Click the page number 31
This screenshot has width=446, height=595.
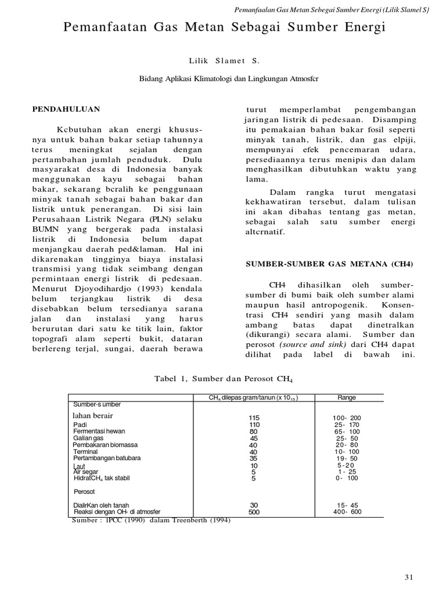(408, 577)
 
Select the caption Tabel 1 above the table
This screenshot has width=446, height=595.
(223, 379)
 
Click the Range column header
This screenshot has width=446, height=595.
(347, 398)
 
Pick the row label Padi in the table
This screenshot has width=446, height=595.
(80, 425)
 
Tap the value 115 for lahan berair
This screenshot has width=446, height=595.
(254, 418)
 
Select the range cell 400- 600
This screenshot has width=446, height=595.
(348, 512)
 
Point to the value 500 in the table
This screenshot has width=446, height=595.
(254, 512)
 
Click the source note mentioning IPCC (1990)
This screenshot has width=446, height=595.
(151, 520)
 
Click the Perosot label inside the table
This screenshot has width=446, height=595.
(84, 492)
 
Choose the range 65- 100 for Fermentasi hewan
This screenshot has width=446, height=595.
(348, 432)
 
